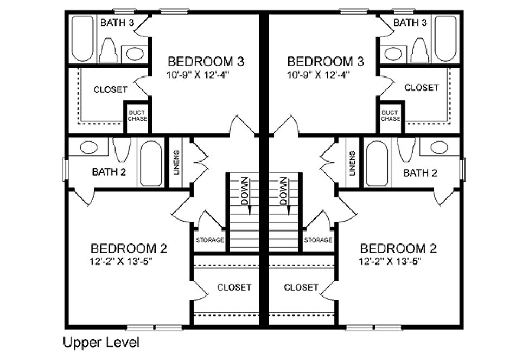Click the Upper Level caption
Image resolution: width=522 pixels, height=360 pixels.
point(101,343)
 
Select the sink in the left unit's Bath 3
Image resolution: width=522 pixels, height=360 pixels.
point(133,54)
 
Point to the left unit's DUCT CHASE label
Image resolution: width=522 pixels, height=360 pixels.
point(137,115)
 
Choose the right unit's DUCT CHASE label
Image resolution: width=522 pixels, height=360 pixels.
point(390,115)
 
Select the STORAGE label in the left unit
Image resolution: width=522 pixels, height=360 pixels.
point(209,240)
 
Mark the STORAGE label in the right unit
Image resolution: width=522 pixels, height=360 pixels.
point(318,240)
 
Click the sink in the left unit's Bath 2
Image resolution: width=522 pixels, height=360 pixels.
point(88,147)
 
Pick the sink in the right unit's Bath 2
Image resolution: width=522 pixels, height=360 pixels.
point(439,147)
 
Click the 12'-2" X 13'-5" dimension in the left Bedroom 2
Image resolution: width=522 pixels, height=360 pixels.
point(129,261)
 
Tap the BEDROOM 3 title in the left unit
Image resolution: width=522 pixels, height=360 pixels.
point(206,61)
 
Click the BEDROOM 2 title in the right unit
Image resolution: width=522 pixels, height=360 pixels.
point(398,249)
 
